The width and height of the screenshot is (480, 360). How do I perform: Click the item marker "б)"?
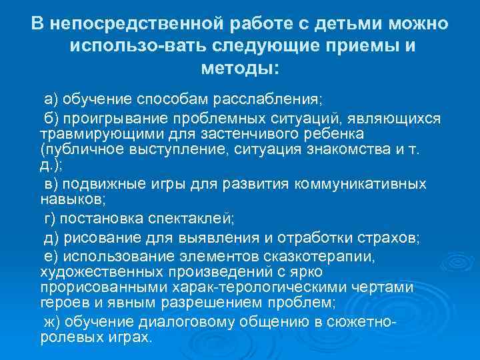click(51, 118)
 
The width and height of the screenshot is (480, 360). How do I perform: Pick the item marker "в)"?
click(51, 184)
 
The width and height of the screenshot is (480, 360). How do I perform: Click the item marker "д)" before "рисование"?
click(51, 239)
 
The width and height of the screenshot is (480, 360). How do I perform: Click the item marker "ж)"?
click(51, 322)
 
